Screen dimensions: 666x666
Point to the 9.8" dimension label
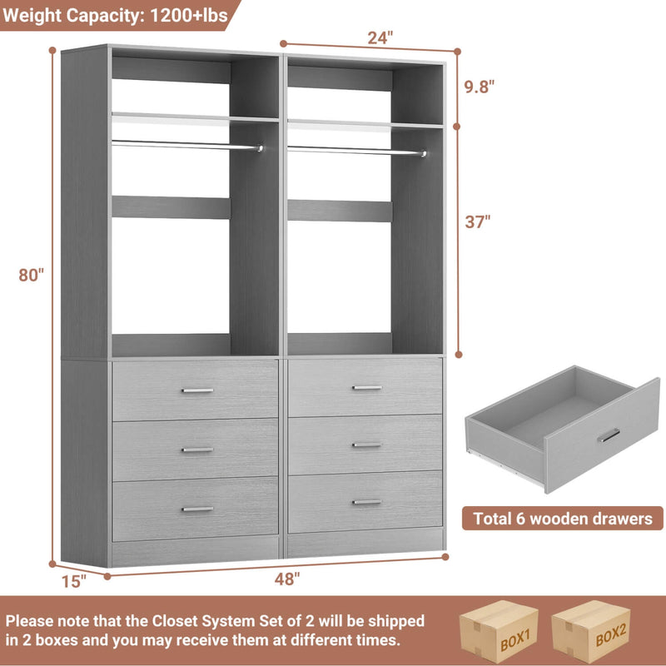(x=480, y=85)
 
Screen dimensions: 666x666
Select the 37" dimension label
(x=478, y=221)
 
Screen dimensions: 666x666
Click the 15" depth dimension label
(x=74, y=581)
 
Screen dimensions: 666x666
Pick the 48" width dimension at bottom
(x=286, y=580)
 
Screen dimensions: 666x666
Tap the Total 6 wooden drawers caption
(x=563, y=519)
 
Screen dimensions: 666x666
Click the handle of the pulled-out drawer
(x=609, y=435)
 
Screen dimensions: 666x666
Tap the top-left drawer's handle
(x=197, y=390)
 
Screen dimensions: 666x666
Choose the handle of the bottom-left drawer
(x=197, y=509)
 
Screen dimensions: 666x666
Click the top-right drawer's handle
(x=366, y=387)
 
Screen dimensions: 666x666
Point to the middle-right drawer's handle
(x=366, y=445)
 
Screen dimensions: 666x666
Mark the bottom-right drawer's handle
(x=366, y=502)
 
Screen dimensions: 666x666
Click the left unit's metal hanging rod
(x=186, y=145)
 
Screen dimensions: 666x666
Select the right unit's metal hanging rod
(x=356, y=151)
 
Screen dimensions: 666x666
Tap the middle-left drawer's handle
(x=197, y=450)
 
